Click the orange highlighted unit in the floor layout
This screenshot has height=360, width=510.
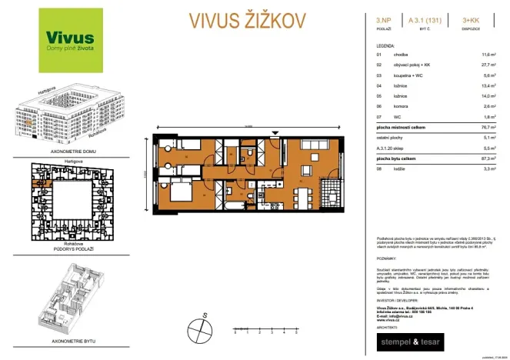[35, 182]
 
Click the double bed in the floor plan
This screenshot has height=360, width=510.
[176, 189]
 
